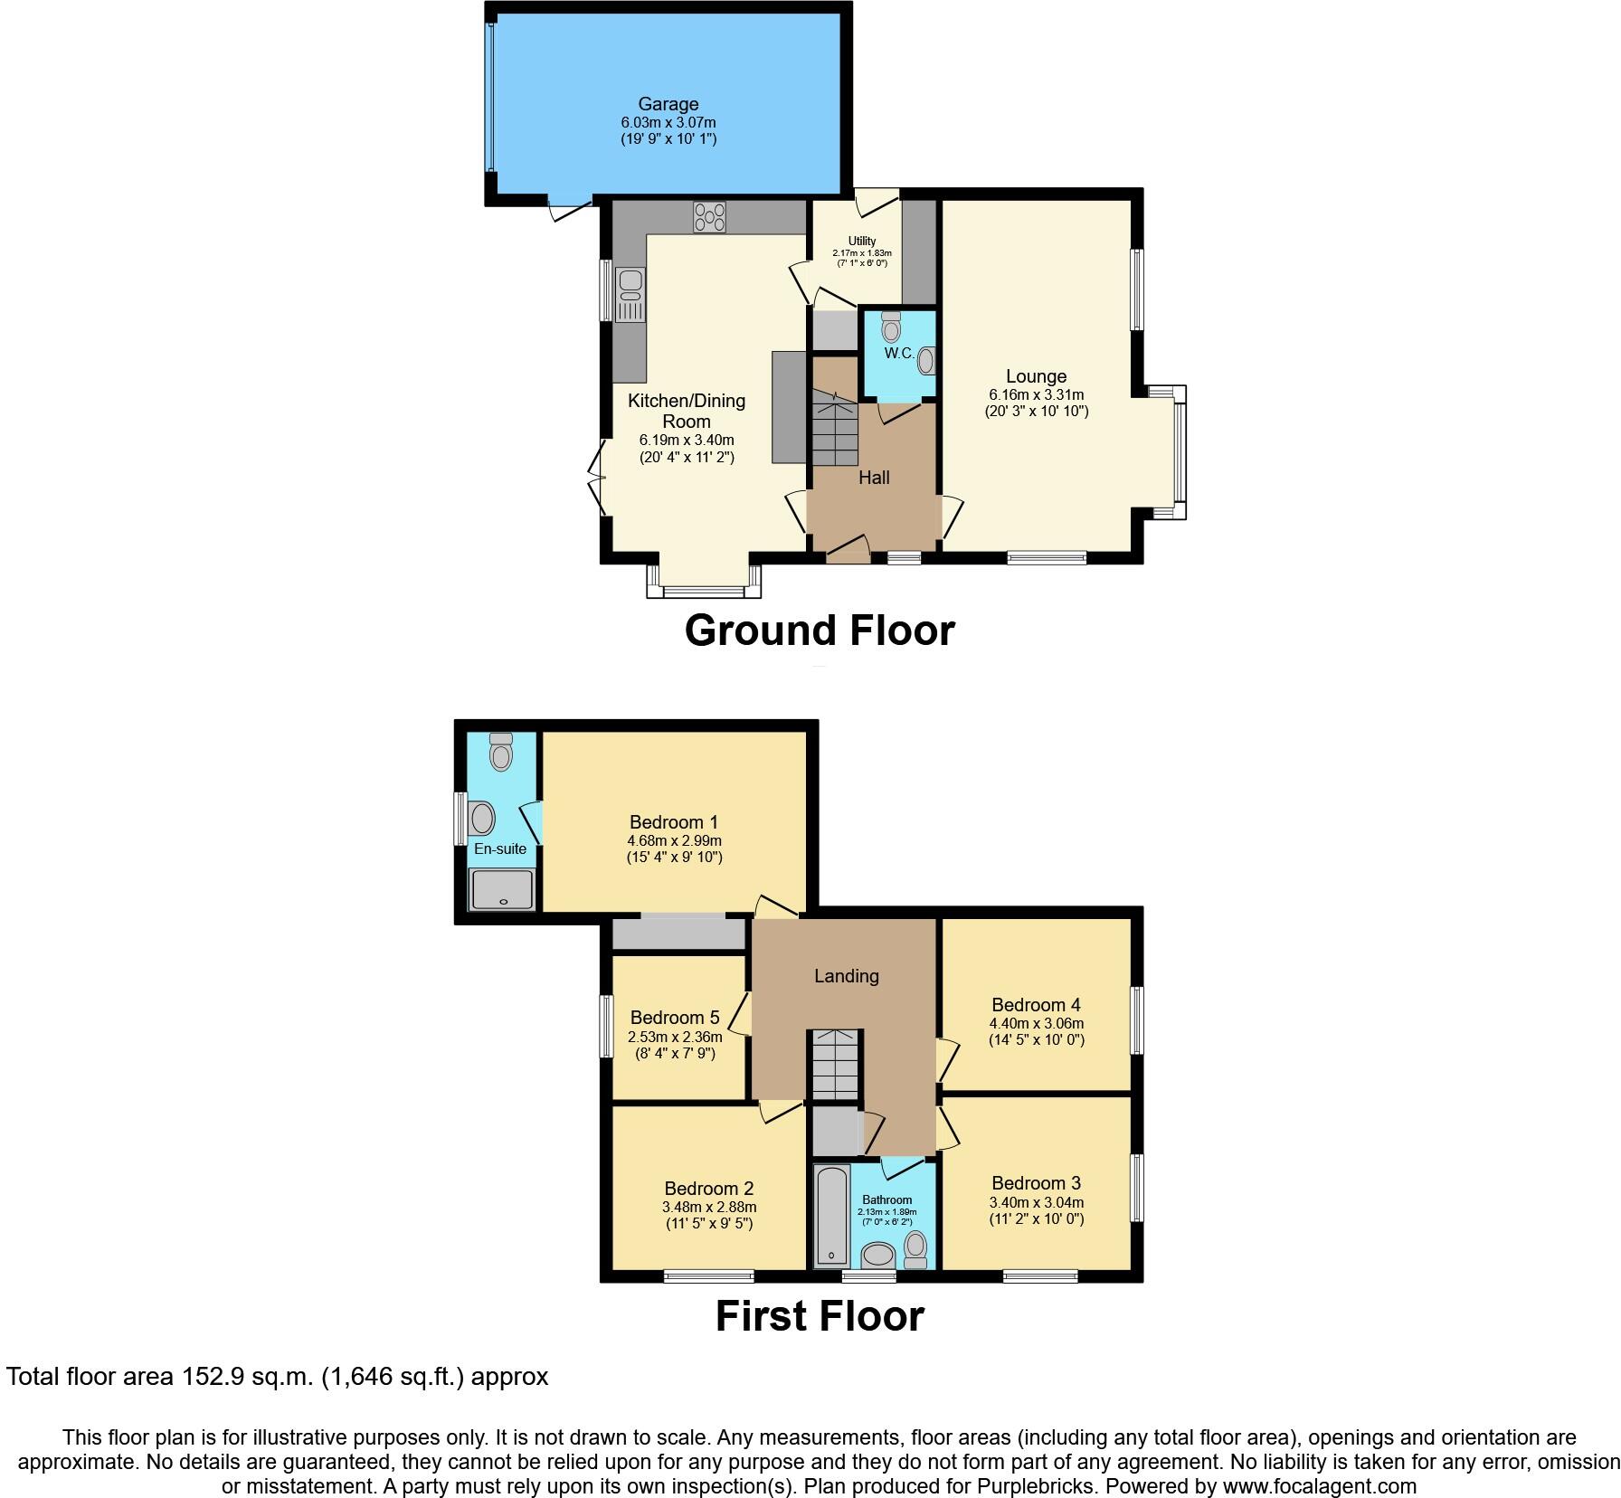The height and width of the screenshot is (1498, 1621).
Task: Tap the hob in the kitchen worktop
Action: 709,217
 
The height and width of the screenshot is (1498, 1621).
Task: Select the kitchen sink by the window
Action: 629,295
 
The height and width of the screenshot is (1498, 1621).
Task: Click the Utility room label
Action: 861,241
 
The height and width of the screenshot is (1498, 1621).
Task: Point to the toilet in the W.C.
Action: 891,327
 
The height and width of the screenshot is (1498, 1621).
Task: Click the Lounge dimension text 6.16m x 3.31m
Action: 1036,394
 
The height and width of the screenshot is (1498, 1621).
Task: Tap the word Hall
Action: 874,478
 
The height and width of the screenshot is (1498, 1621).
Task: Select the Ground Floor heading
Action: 820,630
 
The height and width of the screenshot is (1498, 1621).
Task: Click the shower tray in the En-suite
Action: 502,889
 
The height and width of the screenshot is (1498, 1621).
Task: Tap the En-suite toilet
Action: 500,750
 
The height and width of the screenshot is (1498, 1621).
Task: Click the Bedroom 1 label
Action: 674,822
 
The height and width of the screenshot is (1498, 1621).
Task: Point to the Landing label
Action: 846,976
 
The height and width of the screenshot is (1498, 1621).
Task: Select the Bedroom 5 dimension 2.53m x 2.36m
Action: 675,1038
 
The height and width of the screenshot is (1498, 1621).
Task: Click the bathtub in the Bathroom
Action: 831,1214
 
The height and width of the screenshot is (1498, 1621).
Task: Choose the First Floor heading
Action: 820,1316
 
